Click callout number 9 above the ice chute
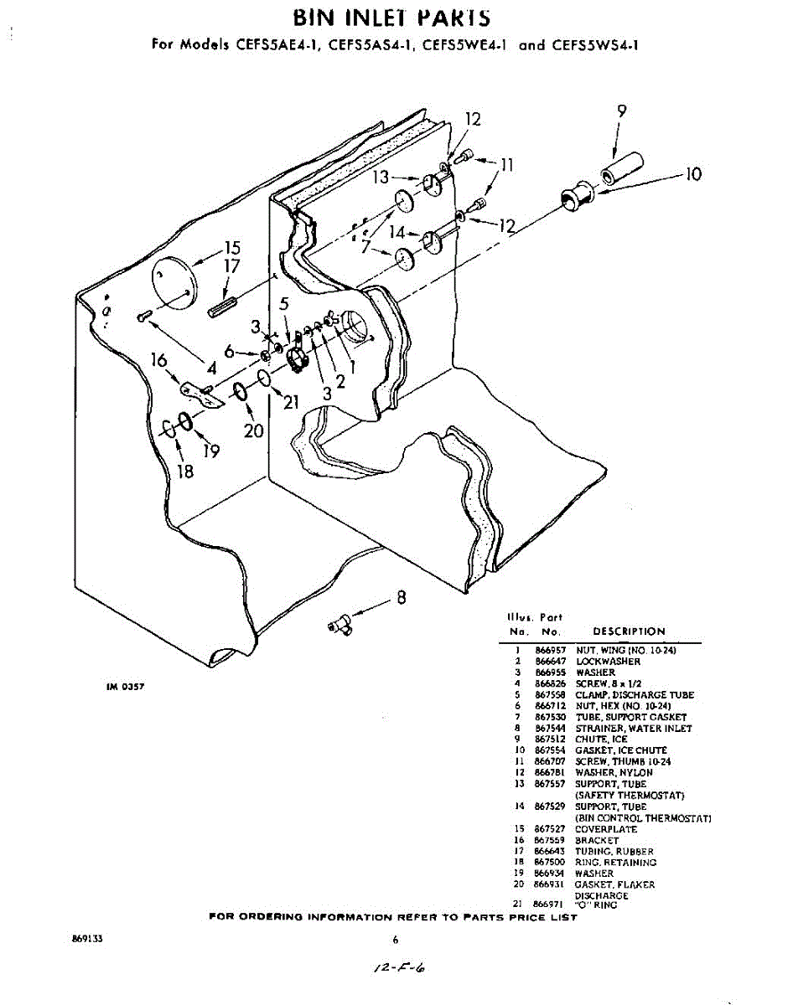[621, 111]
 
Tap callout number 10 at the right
[692, 174]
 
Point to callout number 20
[254, 430]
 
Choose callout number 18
[185, 471]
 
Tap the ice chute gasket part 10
[575, 199]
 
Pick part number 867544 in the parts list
[547, 729]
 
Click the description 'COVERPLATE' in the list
[605, 829]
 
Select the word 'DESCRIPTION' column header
[629, 631]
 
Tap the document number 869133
[88, 940]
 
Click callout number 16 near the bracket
[159, 359]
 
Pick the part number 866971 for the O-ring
[547, 904]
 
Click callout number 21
[291, 403]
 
